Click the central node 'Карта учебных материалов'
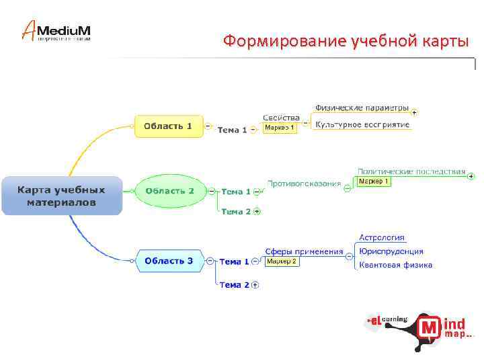click(61, 196)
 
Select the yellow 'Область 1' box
click(168, 126)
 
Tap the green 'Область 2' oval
click(169, 191)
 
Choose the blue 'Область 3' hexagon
click(169, 261)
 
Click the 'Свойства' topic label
click(281, 118)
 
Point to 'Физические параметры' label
click(362, 108)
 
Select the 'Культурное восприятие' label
click(362, 125)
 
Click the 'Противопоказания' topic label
click(304, 184)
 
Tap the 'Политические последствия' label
click(411, 171)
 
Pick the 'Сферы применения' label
click(304, 251)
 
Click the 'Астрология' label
click(382, 237)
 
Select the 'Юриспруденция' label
click(391, 251)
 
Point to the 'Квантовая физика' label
click(395, 265)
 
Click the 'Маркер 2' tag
click(281, 261)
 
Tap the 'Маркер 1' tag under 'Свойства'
click(279, 128)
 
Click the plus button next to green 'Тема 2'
click(257, 211)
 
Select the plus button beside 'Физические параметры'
click(414, 112)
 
